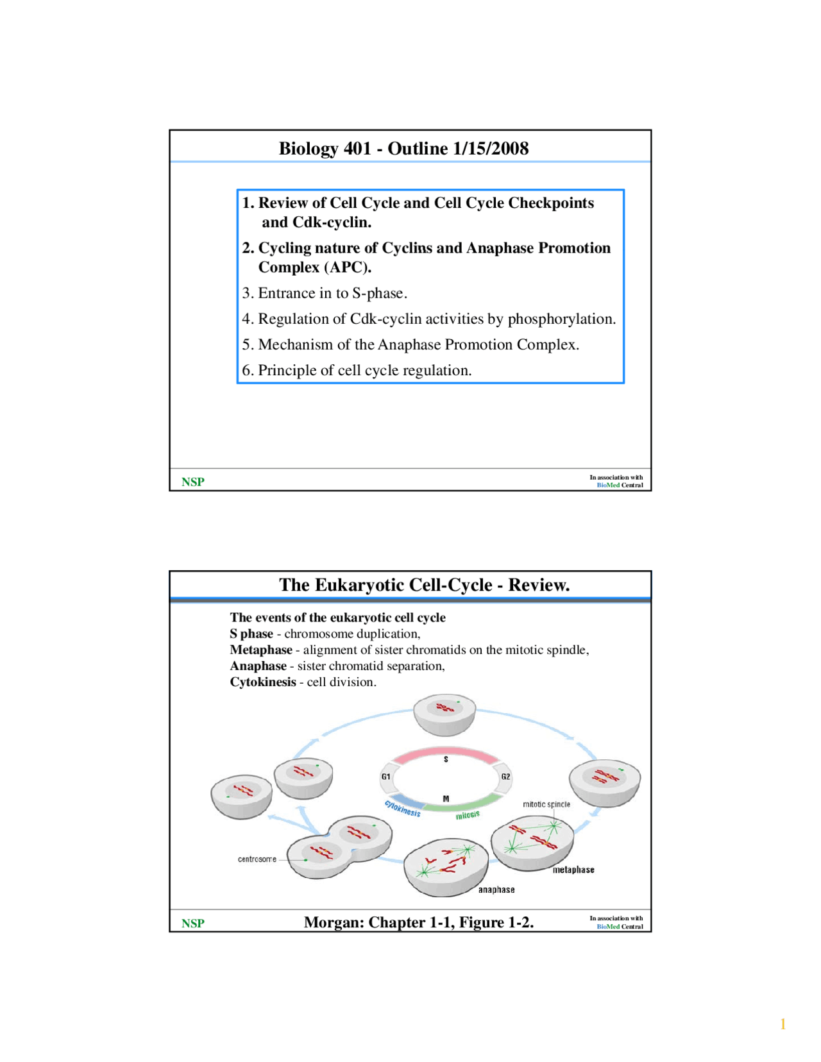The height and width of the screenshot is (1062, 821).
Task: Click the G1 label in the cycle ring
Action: coord(385,777)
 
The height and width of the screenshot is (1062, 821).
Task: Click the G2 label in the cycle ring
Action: coord(505,777)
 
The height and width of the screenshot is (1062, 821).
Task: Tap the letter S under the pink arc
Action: coord(446,759)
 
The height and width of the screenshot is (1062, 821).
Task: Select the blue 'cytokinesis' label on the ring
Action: coord(403,809)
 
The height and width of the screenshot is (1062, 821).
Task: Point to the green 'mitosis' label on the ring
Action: coord(468,815)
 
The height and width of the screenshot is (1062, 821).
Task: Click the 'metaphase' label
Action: coord(573,870)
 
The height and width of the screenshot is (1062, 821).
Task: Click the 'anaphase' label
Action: coord(496,889)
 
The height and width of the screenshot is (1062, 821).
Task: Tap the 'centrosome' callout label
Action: coord(257,859)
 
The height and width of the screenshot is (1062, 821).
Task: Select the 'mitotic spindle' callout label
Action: coord(546,804)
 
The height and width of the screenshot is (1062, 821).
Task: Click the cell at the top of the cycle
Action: coord(444,714)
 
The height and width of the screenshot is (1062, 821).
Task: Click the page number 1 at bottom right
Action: coord(783,1024)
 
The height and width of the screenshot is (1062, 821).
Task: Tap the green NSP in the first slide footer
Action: coord(192,482)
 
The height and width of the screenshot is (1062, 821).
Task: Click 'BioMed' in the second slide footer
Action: coord(607,927)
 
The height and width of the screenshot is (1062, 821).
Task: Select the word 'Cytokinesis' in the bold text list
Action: coord(263,682)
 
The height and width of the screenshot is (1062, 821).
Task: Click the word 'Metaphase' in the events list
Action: coord(261,650)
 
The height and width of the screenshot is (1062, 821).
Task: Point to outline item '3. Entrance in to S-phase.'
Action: coord(325,293)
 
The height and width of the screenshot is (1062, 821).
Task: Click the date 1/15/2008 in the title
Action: coord(491,148)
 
